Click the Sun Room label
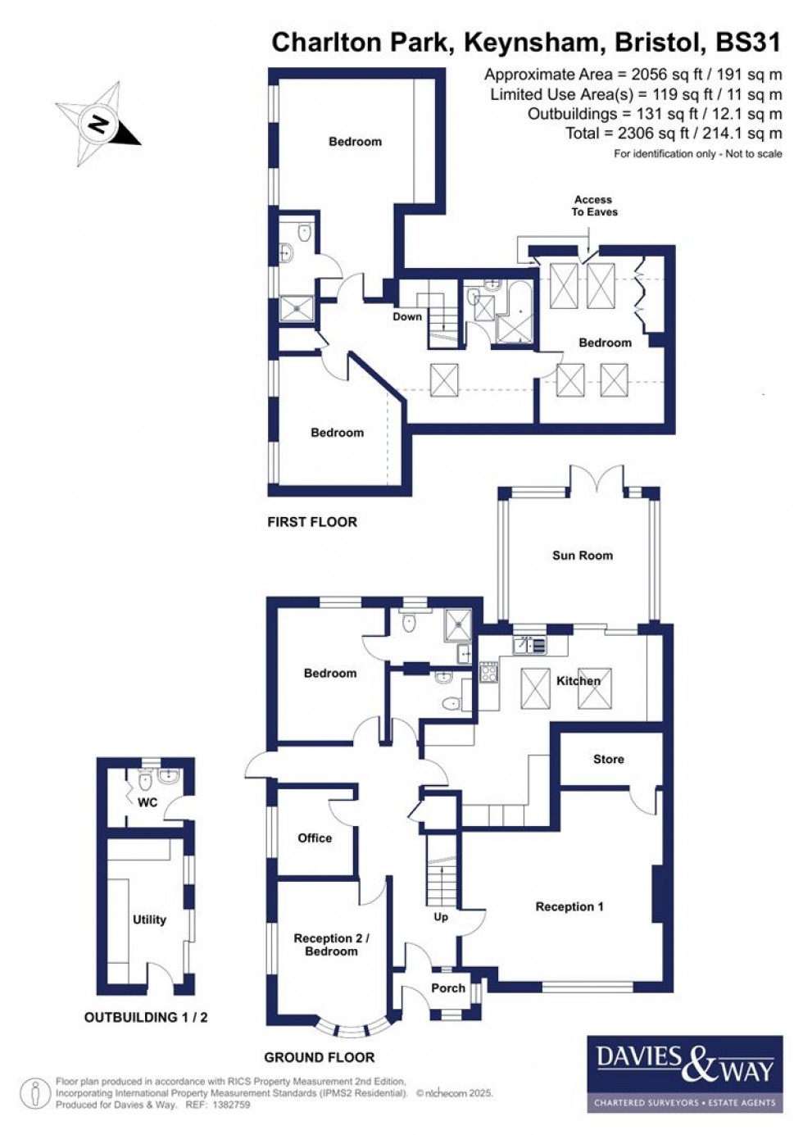point(582,555)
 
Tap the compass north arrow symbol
point(99,125)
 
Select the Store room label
point(608,759)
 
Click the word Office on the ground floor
point(315,838)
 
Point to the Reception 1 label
point(569,906)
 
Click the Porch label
point(447,988)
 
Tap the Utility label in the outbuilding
point(149,919)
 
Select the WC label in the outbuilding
point(147,802)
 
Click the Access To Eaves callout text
point(594,206)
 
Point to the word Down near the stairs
point(407,316)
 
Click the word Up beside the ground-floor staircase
point(441,917)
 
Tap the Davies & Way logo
point(684,1074)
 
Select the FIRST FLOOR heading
point(312,521)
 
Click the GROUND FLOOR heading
point(319,1057)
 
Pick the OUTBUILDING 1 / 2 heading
point(146,1017)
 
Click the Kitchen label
point(578,680)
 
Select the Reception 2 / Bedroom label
point(331,944)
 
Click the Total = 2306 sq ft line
point(674,133)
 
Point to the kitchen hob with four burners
point(489,673)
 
